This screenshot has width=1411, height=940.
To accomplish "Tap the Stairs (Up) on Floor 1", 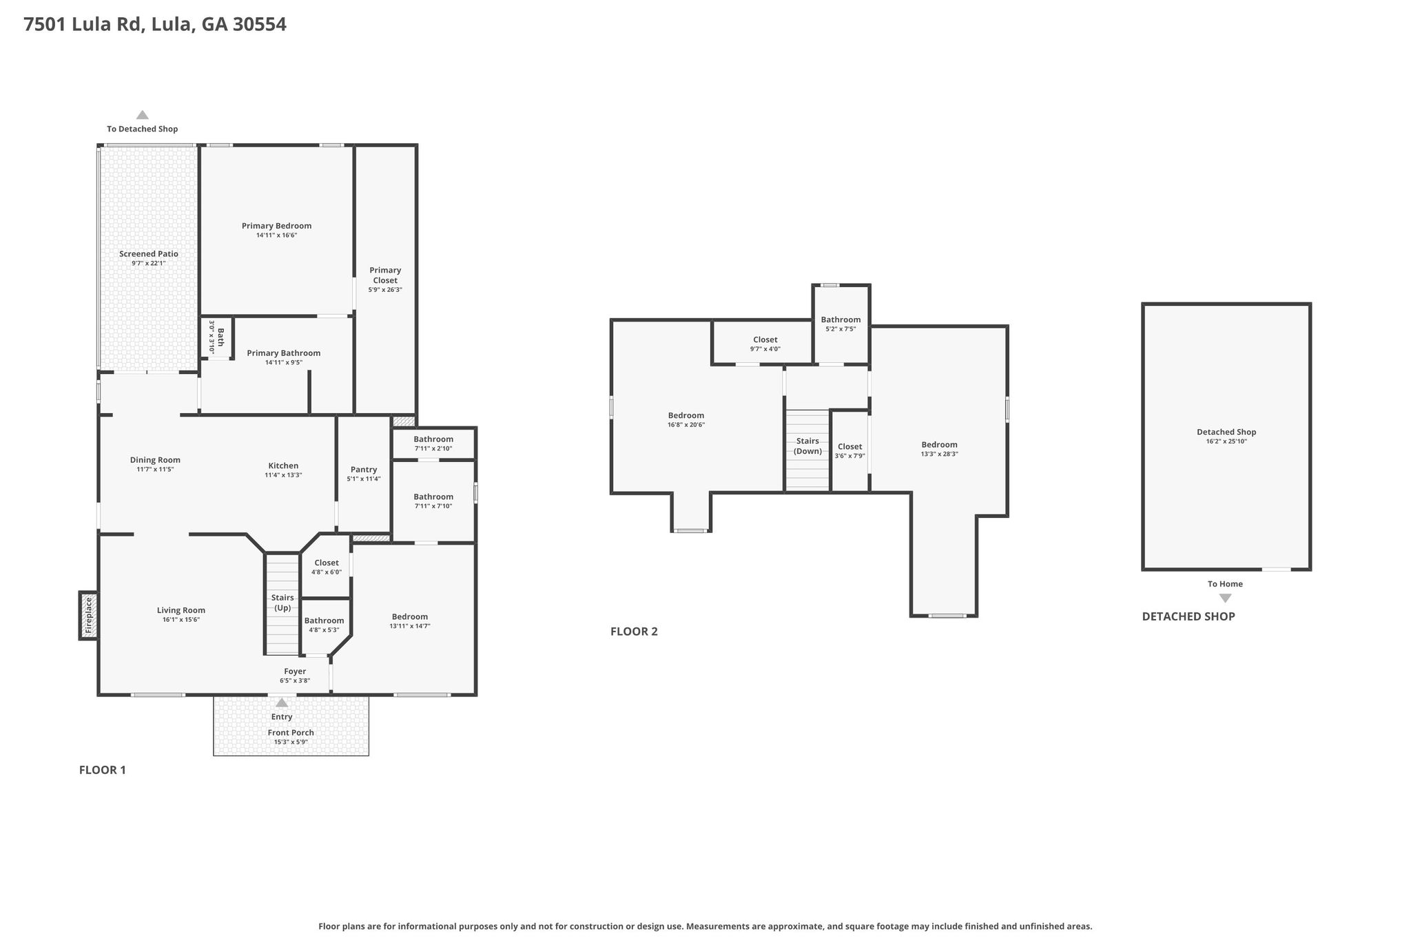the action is pos(282,604).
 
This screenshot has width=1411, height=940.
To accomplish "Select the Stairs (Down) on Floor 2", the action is pos(807,450).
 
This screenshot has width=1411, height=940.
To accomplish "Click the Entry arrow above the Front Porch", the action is pos(282,702).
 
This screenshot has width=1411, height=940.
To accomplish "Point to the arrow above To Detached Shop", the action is pos(142,115).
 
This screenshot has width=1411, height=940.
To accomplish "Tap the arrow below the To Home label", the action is pos(1225,598).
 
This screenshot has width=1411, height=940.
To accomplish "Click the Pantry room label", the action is pos(364,470).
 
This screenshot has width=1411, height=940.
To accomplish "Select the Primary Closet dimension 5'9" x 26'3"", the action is pos(385,290).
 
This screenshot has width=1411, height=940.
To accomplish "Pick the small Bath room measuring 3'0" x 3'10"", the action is pos(216,337).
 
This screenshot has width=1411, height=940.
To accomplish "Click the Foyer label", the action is pos(295,671).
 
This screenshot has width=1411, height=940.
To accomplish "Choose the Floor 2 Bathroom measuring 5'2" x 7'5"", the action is pos(841,324).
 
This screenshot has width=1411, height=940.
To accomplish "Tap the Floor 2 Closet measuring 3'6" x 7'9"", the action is pos(849,451).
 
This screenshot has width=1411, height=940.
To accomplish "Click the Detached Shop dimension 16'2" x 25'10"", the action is pos(1226,441).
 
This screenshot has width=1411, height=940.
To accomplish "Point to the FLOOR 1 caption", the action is pos(103,770).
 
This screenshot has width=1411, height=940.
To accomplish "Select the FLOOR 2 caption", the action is pos(634,631).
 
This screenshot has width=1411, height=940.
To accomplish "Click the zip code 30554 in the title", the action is pos(260,25).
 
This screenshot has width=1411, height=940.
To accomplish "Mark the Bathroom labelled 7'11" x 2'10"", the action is pos(433,443).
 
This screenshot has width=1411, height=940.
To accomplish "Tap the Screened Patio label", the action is pos(149,254).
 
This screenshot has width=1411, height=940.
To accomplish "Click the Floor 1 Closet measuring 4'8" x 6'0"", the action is pos(327,567).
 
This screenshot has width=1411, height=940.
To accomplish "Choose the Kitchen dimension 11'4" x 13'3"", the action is pos(283,475).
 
